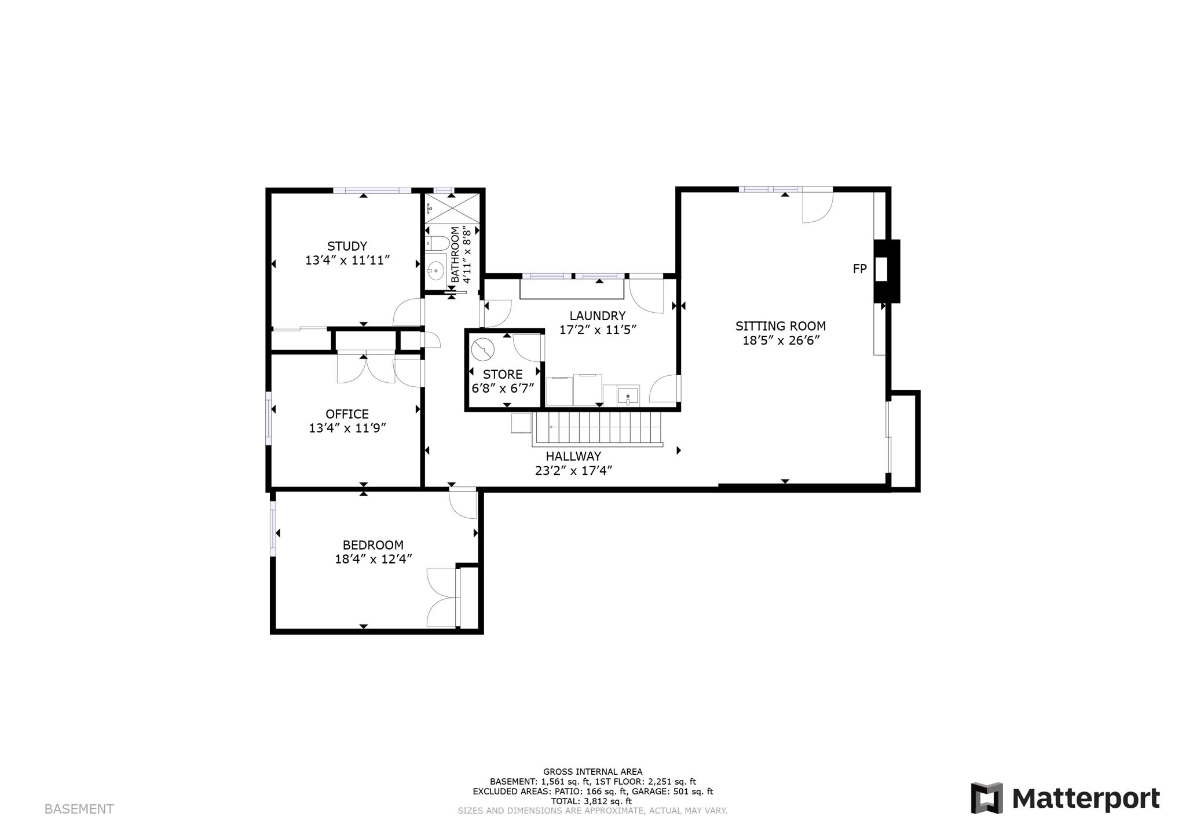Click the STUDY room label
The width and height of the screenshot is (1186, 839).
pos(347,246)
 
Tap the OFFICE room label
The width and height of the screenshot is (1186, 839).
pos(347,414)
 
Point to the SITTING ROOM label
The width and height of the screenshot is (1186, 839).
pos(781,326)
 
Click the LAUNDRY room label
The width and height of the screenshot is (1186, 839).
pos(598,316)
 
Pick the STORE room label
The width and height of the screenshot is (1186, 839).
pos(503,374)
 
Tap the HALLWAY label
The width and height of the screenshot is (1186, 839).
pos(573,456)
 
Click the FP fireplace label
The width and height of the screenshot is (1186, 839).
pos(860,269)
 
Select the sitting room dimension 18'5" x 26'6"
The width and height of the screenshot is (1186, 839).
pos(781,340)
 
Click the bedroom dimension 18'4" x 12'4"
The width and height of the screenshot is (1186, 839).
pos(373,559)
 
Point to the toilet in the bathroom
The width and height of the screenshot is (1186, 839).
pos(437,243)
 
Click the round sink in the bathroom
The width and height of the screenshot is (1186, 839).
pos(435,269)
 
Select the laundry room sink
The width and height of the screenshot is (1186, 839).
pos(628,395)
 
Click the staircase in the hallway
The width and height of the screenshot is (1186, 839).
pos(597,428)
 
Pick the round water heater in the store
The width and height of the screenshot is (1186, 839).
pos(482,350)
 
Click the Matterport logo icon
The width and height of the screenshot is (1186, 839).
pos(987,798)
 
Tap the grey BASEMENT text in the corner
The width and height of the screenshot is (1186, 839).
pos(79,809)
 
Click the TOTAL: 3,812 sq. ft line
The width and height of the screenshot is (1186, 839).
pos(591,801)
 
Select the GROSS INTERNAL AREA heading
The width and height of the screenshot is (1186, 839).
pos(592,771)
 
